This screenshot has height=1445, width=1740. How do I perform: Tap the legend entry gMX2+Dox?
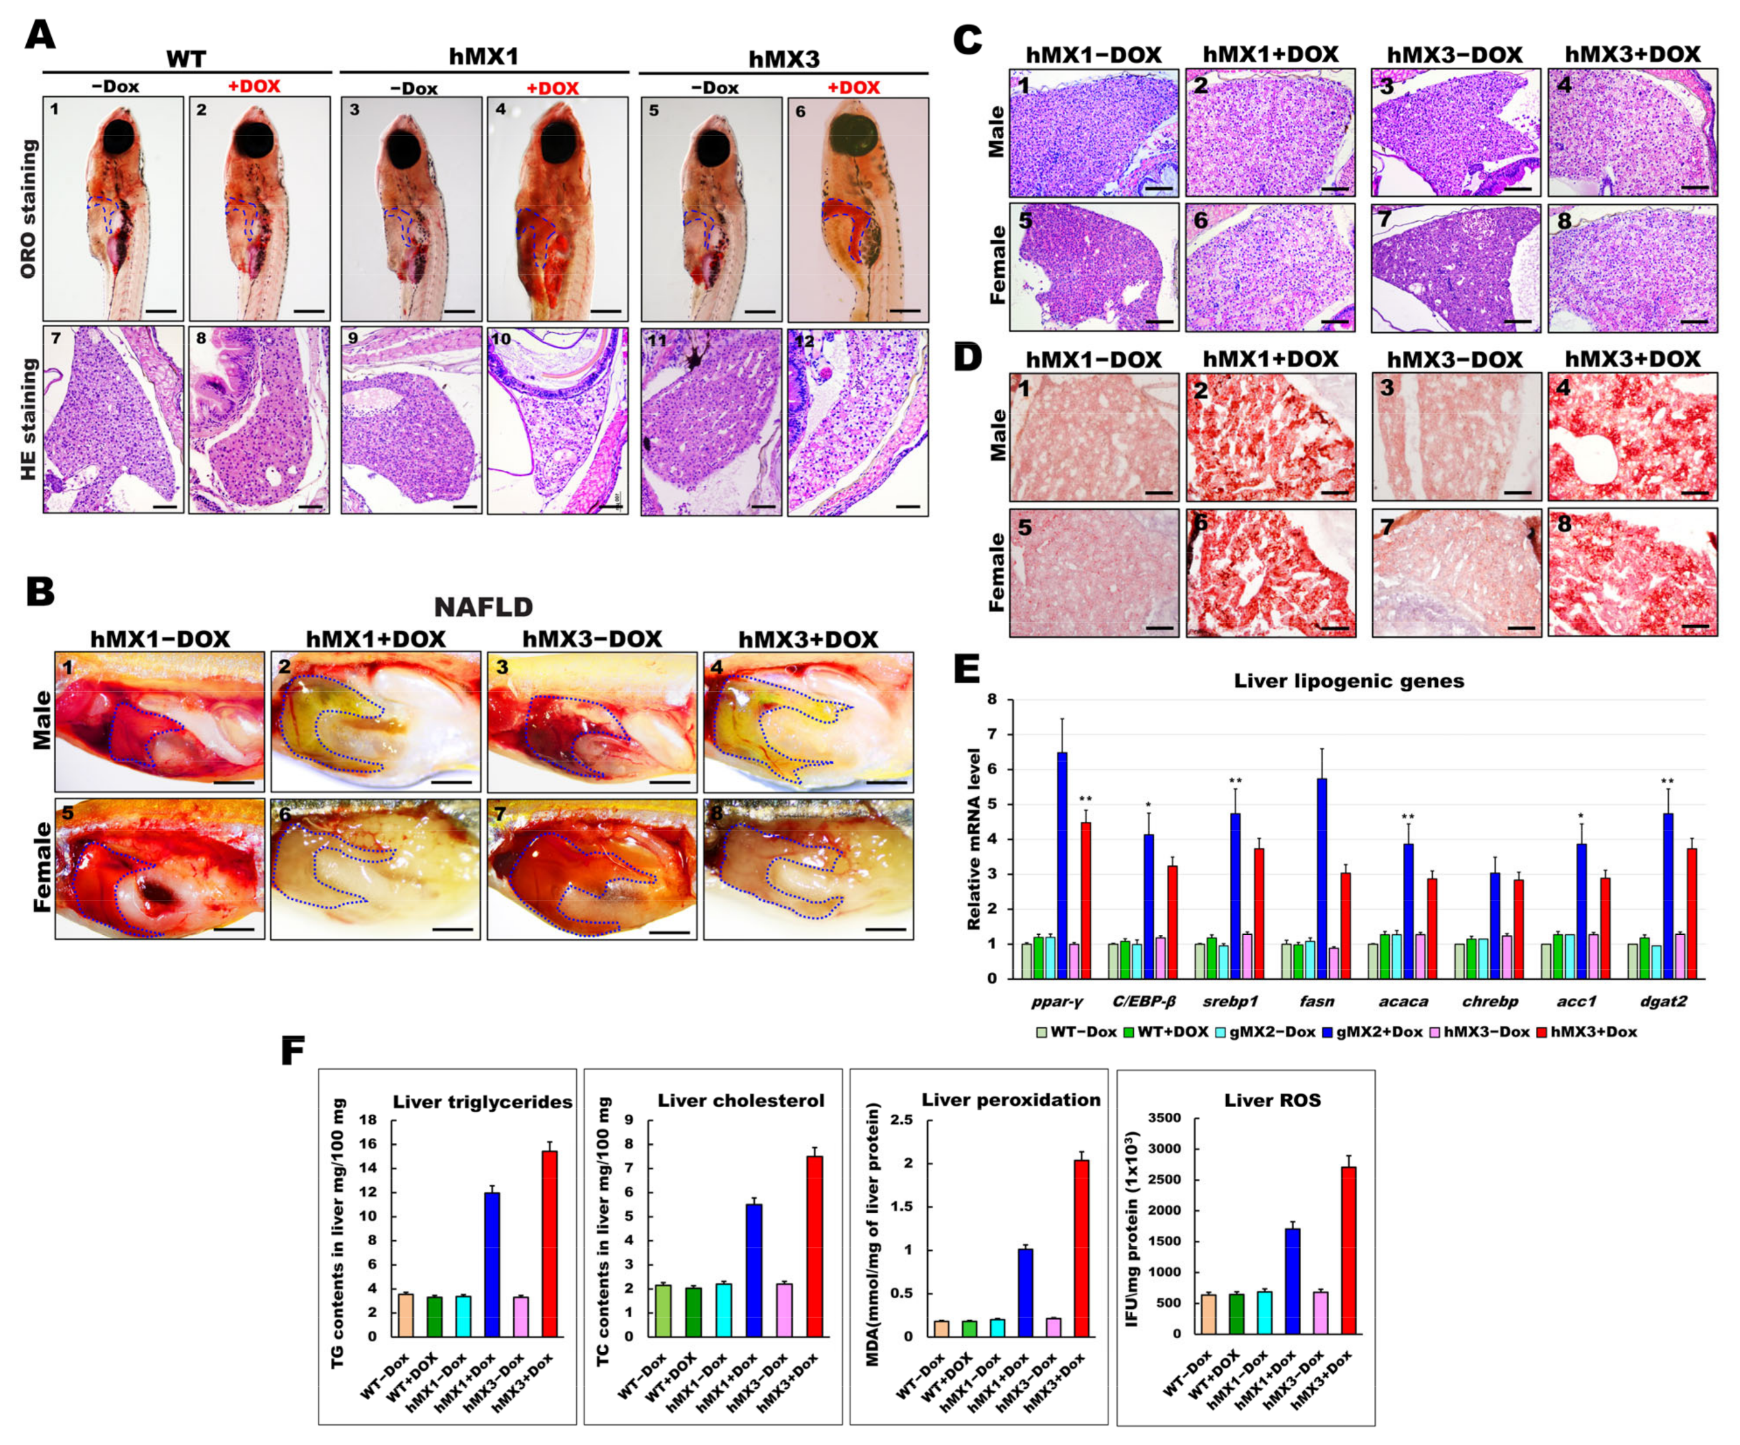tap(1378, 1032)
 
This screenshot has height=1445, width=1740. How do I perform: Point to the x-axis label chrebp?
tap(1490, 1002)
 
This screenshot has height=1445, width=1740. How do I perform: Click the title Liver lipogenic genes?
tap(1349, 681)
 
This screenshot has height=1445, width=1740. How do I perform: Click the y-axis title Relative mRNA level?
tap(975, 839)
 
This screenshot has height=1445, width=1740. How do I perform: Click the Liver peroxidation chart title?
tap(1011, 1100)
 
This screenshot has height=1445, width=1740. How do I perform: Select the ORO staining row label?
tap(28, 209)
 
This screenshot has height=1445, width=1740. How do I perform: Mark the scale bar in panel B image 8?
tap(886, 929)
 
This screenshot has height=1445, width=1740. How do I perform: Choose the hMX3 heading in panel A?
tap(784, 59)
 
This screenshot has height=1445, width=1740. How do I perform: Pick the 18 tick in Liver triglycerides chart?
tap(368, 1120)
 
